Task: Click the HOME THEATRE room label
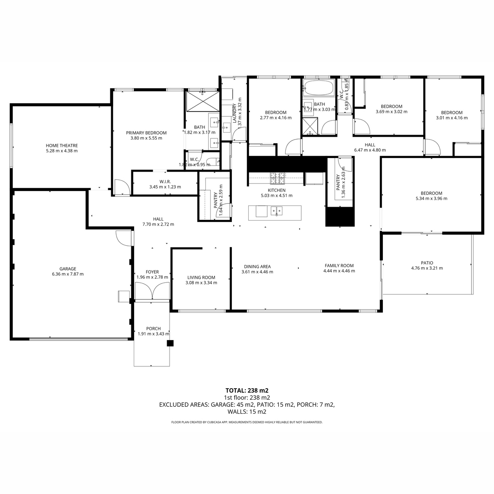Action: [x=62, y=146]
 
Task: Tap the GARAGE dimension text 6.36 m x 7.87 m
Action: [x=68, y=274]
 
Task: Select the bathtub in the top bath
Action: [x=319, y=87]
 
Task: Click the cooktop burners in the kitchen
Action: [x=277, y=178]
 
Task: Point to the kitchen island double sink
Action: [x=277, y=211]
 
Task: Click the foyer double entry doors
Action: [x=152, y=291]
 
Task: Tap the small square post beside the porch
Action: [x=170, y=343]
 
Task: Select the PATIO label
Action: [x=427, y=263]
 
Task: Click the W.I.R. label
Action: [x=165, y=182]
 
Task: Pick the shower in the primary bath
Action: [x=203, y=101]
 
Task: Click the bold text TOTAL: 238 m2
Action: [x=247, y=390]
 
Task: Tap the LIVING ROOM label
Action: [x=201, y=277]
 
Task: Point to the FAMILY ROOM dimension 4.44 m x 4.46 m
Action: [x=339, y=271]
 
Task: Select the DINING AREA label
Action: [x=257, y=267]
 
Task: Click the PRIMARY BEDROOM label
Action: [x=147, y=133]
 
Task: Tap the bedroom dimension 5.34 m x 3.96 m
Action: [x=431, y=198]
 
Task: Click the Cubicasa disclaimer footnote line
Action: [x=247, y=422]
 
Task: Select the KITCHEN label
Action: [x=277, y=190]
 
